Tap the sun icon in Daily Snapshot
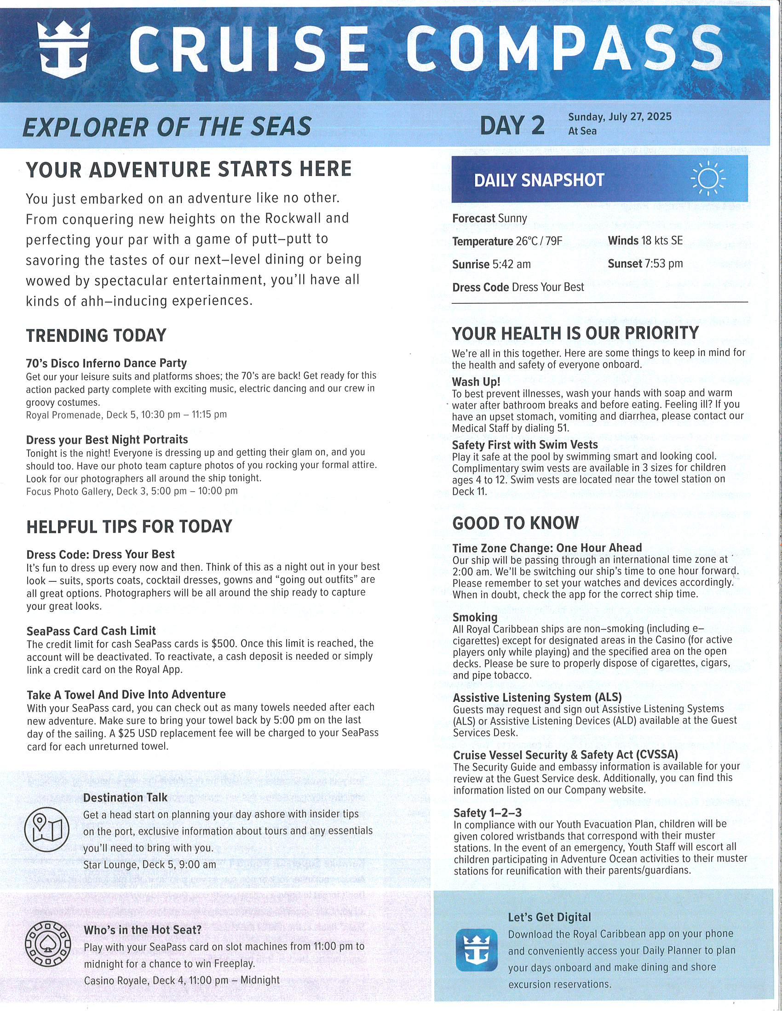[x=708, y=178]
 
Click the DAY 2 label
[x=512, y=125]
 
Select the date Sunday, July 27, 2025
[x=620, y=116]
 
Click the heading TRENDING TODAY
[x=96, y=335]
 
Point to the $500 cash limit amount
[x=224, y=643]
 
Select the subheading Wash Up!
[x=476, y=382]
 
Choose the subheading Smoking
[x=475, y=617]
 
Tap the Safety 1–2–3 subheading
[x=487, y=813]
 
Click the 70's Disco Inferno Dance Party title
[x=107, y=364]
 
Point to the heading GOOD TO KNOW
[x=515, y=523]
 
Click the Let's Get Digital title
[x=549, y=917]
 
